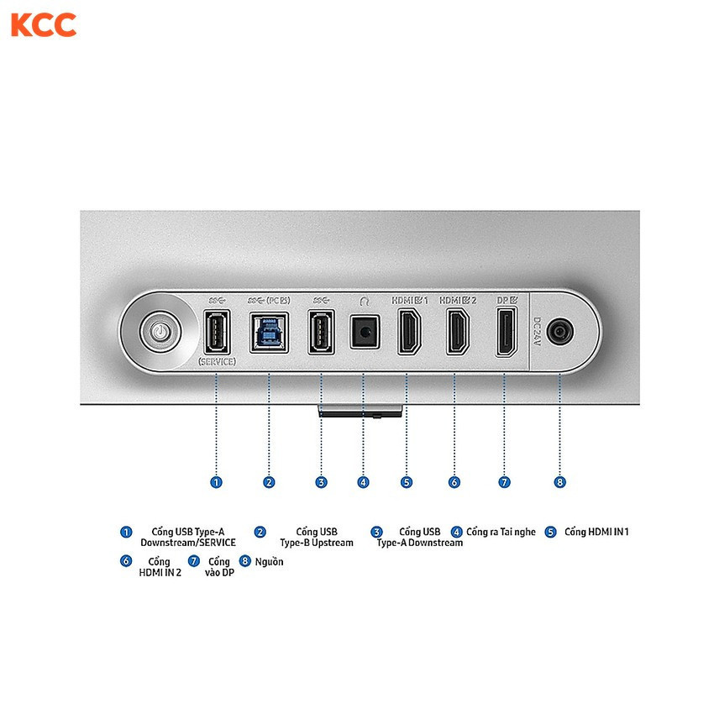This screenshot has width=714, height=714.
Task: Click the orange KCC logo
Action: [44, 25]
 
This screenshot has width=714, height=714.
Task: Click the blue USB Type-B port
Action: [269, 333]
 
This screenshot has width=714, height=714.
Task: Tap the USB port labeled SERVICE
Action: [217, 332]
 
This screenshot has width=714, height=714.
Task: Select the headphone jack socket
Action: [365, 332]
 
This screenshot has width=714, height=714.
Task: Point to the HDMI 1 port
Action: [409, 332]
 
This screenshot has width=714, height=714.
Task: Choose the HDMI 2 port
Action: [458, 332]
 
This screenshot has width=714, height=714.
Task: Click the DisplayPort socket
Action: [507, 332]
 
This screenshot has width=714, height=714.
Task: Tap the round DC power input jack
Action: [560, 332]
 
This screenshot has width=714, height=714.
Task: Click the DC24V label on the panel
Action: [537, 332]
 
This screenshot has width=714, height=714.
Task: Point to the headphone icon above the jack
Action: [364, 301]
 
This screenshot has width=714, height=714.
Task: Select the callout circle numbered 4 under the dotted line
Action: [363, 482]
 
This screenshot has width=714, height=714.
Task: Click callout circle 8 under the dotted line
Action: [559, 482]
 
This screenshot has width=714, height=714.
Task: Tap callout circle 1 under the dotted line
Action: [216, 482]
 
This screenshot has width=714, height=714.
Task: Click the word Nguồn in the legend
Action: [269, 561]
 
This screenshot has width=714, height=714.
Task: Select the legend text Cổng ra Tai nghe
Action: [501, 532]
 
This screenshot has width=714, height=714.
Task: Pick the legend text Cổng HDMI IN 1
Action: [596, 532]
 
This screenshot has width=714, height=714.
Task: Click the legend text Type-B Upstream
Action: [317, 543]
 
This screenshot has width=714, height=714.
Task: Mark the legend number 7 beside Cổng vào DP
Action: [194, 561]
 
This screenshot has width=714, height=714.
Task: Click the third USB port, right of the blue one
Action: [322, 332]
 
